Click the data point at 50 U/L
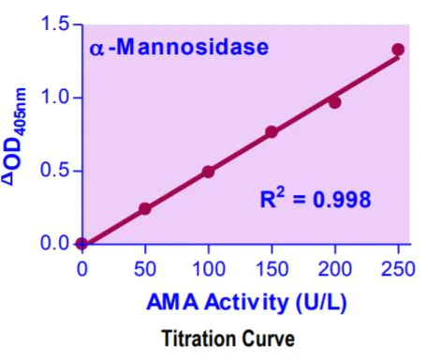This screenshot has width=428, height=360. point(145,208)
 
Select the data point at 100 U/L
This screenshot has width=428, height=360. point(208,172)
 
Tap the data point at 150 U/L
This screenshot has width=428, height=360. point(272,132)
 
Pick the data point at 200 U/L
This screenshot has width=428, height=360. point(334,102)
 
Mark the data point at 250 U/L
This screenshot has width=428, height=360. point(398,50)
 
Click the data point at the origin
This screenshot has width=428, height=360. point(81,244)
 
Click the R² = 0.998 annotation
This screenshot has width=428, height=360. point(316,199)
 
